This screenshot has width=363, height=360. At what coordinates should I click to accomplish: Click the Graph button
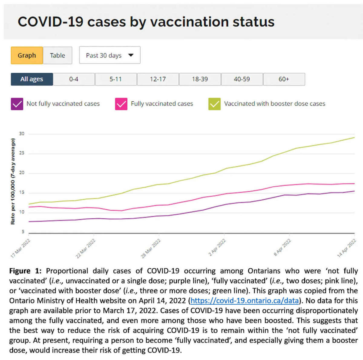27,55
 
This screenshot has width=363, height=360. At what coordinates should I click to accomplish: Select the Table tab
57,55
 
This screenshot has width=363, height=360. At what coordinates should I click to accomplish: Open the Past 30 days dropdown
110,55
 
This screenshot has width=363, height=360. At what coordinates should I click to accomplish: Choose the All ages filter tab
32,79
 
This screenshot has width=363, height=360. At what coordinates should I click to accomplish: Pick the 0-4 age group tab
74,79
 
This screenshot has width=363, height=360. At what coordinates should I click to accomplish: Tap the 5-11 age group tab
116,79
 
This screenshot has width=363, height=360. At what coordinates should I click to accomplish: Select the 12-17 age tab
158,79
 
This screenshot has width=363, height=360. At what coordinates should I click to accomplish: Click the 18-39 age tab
200,79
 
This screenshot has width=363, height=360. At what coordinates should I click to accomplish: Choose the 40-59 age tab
242,79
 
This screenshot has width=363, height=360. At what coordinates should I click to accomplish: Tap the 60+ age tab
284,79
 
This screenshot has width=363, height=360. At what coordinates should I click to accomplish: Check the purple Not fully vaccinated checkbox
17,104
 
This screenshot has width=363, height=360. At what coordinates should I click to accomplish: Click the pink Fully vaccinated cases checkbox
121,104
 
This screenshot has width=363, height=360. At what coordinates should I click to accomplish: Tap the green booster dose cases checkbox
214,104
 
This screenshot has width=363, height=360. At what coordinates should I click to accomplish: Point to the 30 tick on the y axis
22,134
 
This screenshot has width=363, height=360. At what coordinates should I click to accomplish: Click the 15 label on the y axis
22,193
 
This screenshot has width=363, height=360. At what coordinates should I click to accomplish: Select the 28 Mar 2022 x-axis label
151,248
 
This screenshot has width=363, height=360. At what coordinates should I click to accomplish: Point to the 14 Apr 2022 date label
347,248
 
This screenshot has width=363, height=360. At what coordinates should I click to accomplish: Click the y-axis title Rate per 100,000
13,182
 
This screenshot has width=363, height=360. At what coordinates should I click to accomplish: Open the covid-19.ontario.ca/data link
244,301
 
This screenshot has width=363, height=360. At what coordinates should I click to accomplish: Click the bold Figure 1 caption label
25,271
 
